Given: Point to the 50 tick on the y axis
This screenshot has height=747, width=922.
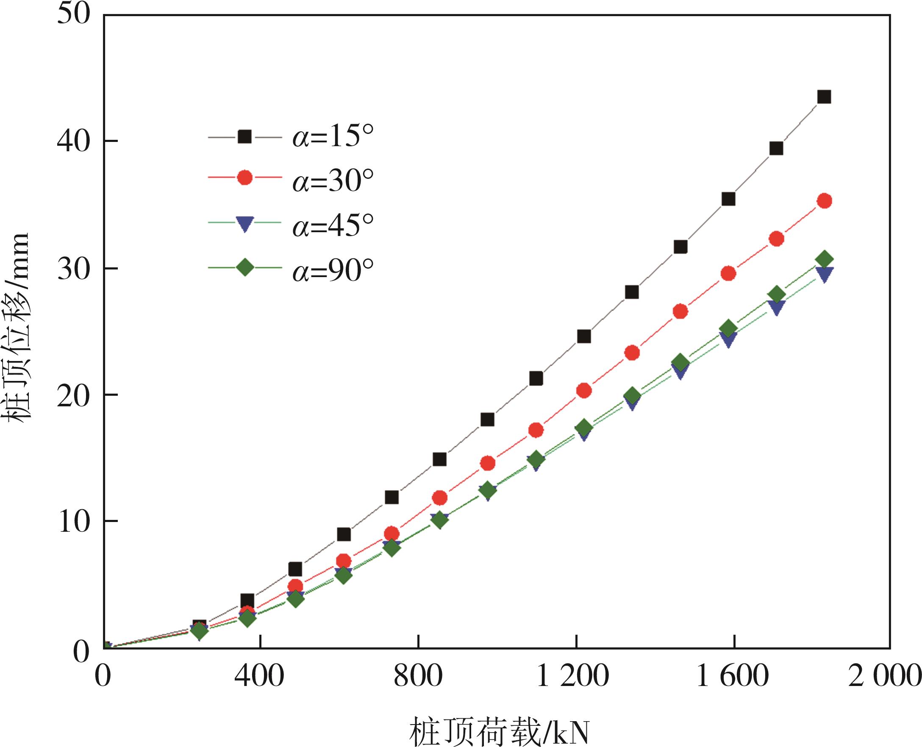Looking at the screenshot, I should point(74,15).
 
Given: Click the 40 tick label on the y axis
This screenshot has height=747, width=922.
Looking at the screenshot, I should point(74,141).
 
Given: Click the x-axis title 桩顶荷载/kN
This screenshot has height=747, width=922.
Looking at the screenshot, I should point(499,731).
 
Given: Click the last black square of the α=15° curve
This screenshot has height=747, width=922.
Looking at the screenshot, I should point(823,97).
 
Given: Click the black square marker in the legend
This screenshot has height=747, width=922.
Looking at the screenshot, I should point(245,137).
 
